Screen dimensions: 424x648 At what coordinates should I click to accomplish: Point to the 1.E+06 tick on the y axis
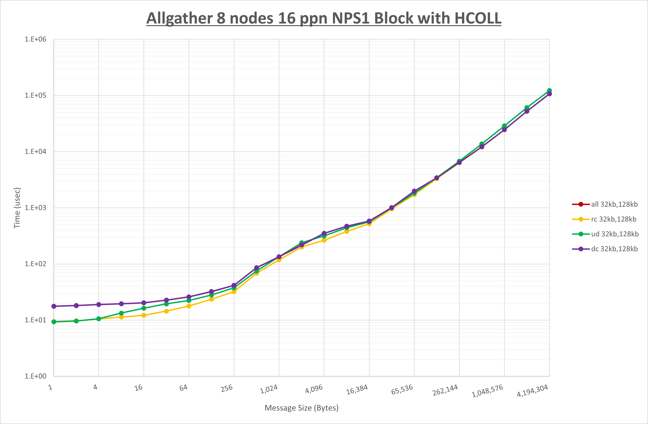(35, 39)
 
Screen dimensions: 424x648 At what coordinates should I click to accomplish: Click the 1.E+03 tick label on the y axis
(35, 208)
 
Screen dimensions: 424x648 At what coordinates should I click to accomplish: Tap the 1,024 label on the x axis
(269, 389)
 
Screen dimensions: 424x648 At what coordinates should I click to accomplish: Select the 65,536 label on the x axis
(402, 390)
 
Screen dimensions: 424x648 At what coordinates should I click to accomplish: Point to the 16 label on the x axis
(138, 388)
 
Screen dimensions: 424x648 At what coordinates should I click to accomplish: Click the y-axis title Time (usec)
(17, 208)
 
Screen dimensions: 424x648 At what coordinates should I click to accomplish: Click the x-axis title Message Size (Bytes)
(301, 408)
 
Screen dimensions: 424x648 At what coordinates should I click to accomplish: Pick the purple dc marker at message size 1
(54, 306)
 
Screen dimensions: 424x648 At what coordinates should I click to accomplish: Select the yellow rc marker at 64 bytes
(189, 306)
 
